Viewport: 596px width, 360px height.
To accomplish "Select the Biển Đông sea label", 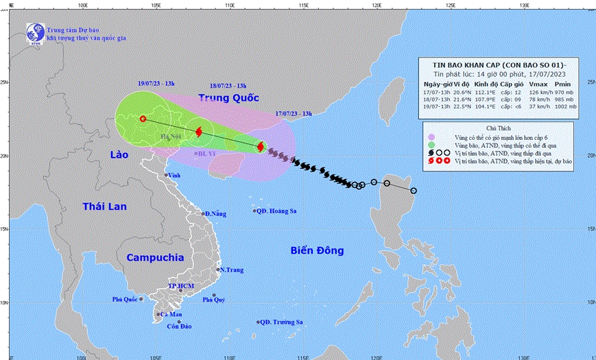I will [x=316, y=250].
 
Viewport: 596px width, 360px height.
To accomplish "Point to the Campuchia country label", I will [x=155, y=257].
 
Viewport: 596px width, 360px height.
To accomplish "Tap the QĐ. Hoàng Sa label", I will [x=276, y=211].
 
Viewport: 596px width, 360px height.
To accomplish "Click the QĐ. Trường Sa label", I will [x=281, y=322].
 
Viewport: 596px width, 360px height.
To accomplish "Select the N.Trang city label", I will [x=232, y=270].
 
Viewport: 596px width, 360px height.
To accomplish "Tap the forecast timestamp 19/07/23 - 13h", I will [x=155, y=84].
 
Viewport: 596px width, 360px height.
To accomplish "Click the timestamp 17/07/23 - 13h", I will [x=293, y=112].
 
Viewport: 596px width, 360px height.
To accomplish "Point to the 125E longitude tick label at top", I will [x=451, y=5].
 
